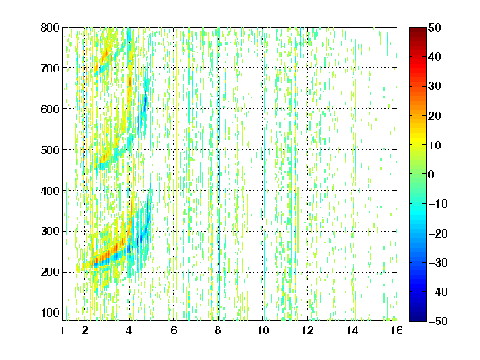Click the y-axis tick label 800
point(50,27)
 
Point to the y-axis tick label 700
point(50,68)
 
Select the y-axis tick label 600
point(50,109)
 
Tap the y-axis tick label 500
point(50,150)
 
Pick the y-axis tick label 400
point(50,191)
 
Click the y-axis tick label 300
point(50,232)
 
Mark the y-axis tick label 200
point(50,272)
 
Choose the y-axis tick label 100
point(50,312)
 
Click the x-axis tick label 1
point(62,330)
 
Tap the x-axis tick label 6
point(174,330)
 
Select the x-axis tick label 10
point(263,330)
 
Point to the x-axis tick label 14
point(352,330)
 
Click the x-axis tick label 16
point(397,330)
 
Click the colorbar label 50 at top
point(435,27)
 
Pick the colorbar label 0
point(432,174)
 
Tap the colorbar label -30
point(438,262)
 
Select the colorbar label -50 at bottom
point(438,321)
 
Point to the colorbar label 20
point(435,116)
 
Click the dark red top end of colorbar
point(417,29)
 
